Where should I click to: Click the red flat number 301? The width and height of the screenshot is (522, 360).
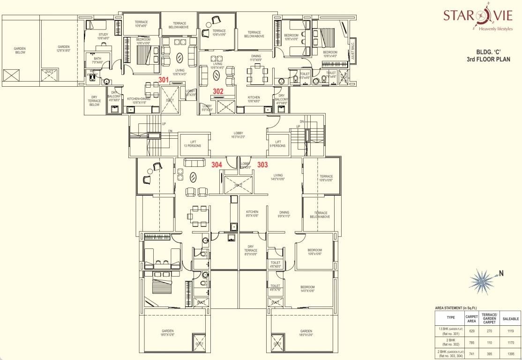164,79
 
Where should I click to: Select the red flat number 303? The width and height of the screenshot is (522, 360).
262,165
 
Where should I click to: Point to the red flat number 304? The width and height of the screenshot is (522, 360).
216,165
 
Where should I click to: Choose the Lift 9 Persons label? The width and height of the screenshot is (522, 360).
278,144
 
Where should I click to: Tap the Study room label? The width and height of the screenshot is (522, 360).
103,36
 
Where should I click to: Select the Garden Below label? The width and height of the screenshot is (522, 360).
20,50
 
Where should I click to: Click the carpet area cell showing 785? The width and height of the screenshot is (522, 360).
471,342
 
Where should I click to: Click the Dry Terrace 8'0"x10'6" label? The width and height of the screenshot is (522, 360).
251,253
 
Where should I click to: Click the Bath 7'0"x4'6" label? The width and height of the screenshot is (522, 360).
97,60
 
